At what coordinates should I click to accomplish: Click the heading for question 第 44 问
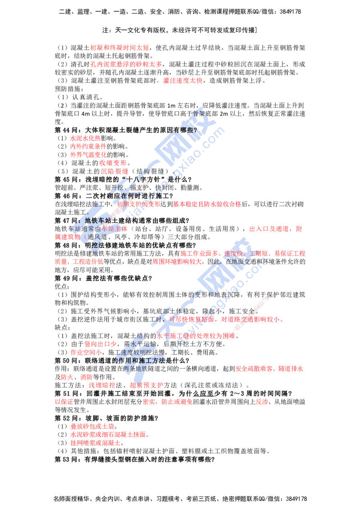[126, 130]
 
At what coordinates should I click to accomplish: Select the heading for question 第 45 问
[123, 179]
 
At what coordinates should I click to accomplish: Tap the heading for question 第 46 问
[114, 196]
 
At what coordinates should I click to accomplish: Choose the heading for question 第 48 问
[126, 246]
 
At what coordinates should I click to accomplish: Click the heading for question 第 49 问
[103, 278]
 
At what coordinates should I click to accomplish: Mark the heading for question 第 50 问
[122, 361]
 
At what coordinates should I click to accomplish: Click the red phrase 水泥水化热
[85, 138]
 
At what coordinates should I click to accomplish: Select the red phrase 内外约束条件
[88, 147]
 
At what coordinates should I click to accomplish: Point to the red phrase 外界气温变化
[88, 155]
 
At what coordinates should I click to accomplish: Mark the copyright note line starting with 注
[180, 30]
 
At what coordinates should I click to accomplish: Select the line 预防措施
[69, 89]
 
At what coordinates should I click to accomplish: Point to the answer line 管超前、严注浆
[129, 188]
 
